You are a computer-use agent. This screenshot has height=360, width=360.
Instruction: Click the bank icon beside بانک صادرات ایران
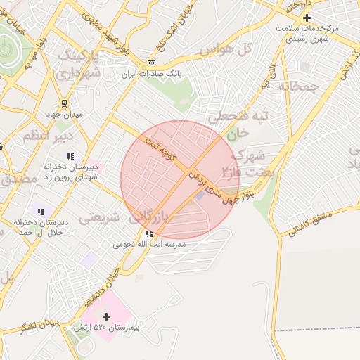[151, 63]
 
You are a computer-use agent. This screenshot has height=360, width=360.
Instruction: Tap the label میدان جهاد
[69, 114]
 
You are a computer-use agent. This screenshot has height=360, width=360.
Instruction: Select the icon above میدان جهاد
[65, 103]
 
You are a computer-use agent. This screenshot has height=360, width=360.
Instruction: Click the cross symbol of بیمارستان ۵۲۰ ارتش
[106, 317]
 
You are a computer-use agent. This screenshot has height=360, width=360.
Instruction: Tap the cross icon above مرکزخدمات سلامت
[307, 17]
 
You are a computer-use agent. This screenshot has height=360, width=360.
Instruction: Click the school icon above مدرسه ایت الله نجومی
[149, 233]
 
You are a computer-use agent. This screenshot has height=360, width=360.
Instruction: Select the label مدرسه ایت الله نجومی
[150, 245]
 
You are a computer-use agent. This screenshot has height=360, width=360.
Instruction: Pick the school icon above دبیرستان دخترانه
[70, 155]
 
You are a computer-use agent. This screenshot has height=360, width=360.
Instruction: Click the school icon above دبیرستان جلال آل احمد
[40, 211]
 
